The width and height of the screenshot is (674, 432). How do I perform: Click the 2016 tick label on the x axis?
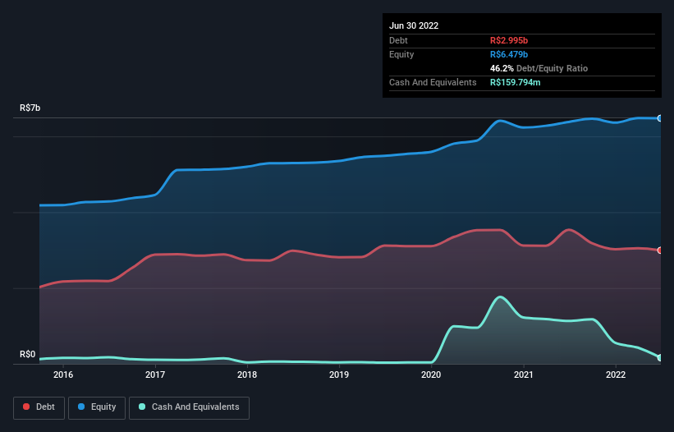[63, 375]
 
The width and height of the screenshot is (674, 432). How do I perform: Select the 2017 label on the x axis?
[155, 375]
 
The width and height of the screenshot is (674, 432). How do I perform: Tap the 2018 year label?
[247, 375]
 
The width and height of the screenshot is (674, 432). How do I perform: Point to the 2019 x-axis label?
[339, 375]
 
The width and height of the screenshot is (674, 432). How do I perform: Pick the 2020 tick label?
[432, 375]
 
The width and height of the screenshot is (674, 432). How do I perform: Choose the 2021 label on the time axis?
[524, 375]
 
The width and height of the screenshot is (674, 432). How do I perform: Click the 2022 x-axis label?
[616, 375]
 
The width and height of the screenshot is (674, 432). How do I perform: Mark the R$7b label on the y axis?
[30, 108]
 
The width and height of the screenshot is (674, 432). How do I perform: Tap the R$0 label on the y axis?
[28, 355]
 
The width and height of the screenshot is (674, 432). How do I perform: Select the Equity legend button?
[97, 407]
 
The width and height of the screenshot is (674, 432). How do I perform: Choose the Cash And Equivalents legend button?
[189, 407]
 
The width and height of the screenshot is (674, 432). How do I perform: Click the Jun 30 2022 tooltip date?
[414, 25]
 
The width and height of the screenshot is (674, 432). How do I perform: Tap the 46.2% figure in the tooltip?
[502, 68]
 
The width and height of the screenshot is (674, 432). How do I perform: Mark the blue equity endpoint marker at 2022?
[660, 118]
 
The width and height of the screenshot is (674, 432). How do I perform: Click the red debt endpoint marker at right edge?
[660, 250]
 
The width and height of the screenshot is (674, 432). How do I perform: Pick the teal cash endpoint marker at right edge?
[660, 357]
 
